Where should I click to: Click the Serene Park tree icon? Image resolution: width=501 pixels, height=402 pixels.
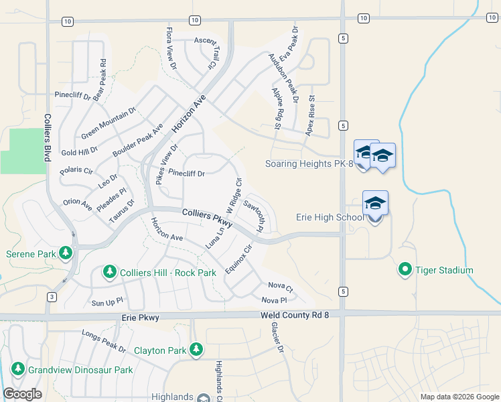(x=66, y=253)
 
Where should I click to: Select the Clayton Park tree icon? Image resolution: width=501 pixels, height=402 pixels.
(x=196, y=349)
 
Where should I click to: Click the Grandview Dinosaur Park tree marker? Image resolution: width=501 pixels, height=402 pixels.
(x=17, y=368)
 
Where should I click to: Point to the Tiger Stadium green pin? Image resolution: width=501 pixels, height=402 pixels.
(x=405, y=269)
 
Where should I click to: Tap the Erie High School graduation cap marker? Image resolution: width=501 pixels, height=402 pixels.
(x=375, y=203)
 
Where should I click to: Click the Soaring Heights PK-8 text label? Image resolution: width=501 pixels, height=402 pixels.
(x=309, y=163)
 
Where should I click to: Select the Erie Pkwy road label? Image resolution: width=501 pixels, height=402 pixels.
(x=141, y=318)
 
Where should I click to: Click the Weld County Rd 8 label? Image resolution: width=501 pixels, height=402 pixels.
(x=297, y=314)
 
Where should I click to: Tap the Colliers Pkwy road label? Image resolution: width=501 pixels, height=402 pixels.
(x=207, y=217)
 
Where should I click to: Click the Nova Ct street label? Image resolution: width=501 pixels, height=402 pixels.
(x=281, y=286)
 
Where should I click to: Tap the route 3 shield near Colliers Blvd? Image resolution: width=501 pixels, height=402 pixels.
(x=52, y=295)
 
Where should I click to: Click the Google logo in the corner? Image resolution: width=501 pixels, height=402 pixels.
(x=22, y=394)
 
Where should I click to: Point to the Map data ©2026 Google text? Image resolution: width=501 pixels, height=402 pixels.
(x=459, y=397)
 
